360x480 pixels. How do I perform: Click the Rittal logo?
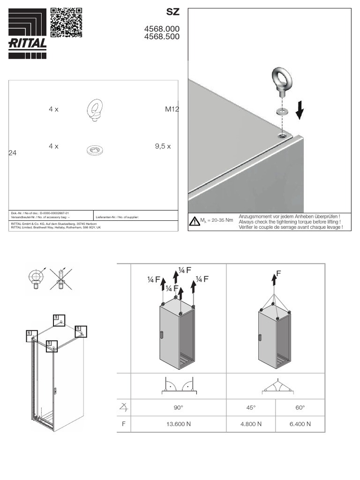pyautogui.click(x=28, y=34)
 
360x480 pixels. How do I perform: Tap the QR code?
pyautogui.click(x=66, y=22)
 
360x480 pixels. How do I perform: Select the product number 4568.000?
pyautogui.click(x=162, y=29)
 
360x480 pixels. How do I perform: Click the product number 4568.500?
pyautogui.click(x=162, y=37)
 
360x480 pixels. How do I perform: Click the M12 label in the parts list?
pyautogui.click(x=172, y=109)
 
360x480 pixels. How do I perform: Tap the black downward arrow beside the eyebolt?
pyautogui.click(x=300, y=112)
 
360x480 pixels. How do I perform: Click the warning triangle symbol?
pyautogui.click(x=195, y=221)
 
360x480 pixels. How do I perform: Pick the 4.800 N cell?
pyautogui.click(x=251, y=424)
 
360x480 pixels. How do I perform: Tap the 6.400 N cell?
pyautogui.click(x=300, y=424)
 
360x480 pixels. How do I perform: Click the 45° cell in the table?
pyautogui.click(x=251, y=407)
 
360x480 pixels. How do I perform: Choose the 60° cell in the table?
pyautogui.click(x=300, y=407)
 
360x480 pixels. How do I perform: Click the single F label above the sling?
pyautogui.click(x=278, y=273)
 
